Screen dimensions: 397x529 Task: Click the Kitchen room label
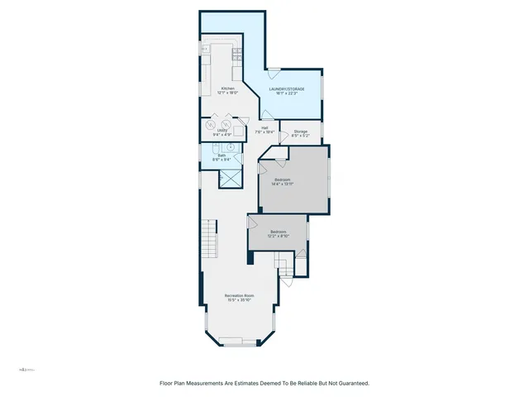pos(227,88)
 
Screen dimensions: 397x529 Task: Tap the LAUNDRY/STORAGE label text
pos(287,88)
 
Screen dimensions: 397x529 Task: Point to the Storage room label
pos(301,131)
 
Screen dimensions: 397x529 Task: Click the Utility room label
pos(222,131)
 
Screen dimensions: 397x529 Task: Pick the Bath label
pos(222,155)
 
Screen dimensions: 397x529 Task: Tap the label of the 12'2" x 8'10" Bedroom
pos(277,232)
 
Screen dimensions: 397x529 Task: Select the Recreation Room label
pos(239,295)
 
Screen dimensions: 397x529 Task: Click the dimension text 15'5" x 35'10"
pos(239,300)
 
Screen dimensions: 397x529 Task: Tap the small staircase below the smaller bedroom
pos(285,267)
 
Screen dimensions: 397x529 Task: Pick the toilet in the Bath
pos(207,155)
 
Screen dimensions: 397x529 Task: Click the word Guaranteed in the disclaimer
pos(350,384)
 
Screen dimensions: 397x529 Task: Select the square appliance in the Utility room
pos(238,130)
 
